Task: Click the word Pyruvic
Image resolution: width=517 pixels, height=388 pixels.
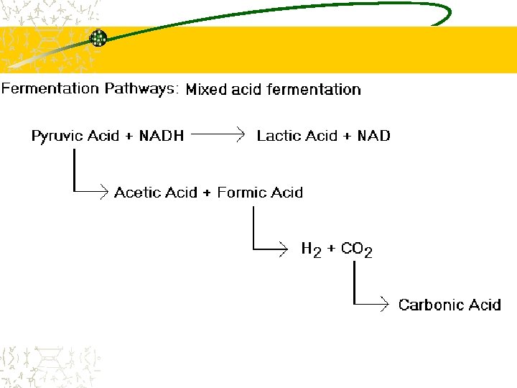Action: click(x=57, y=136)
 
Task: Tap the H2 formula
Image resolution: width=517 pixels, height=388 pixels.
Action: click(x=310, y=250)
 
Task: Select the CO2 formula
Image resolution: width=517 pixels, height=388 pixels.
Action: click(x=356, y=250)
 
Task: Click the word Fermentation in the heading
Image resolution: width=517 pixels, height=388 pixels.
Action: click(x=50, y=89)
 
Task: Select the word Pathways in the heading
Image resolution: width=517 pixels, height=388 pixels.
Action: click(x=141, y=89)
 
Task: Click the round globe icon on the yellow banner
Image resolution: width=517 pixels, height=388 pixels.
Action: click(x=98, y=39)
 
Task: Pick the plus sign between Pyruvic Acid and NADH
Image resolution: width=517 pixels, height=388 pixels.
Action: click(x=129, y=136)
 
